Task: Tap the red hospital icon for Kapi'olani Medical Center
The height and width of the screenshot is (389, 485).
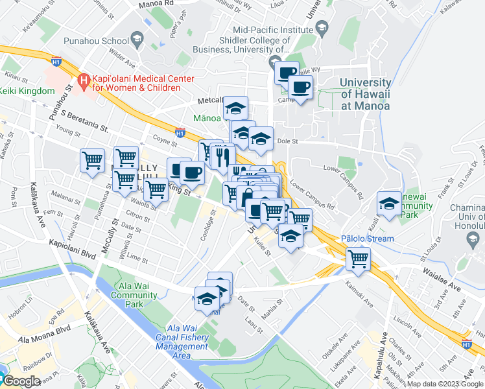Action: tap(83, 82)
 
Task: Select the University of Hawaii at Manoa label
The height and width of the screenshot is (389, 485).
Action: tap(366, 94)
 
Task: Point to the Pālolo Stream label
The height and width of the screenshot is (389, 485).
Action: tap(370, 239)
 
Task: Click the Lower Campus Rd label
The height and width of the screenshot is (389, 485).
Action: tap(313, 195)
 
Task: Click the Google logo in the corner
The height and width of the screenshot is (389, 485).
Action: tap(21, 381)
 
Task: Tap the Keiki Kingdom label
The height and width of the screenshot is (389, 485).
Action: tap(27, 91)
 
